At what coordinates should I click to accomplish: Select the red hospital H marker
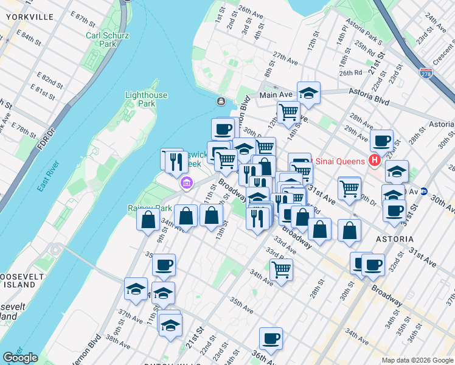point(375,161)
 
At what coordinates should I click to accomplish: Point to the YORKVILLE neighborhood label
point(30,17)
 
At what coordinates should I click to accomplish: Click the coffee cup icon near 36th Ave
point(271,338)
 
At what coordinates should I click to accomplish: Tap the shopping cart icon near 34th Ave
point(281,269)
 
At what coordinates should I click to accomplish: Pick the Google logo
point(20,358)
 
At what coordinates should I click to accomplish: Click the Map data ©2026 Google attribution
point(417,360)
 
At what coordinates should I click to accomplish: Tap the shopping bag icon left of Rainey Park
point(148,220)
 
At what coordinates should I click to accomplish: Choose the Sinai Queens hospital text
point(341,161)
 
